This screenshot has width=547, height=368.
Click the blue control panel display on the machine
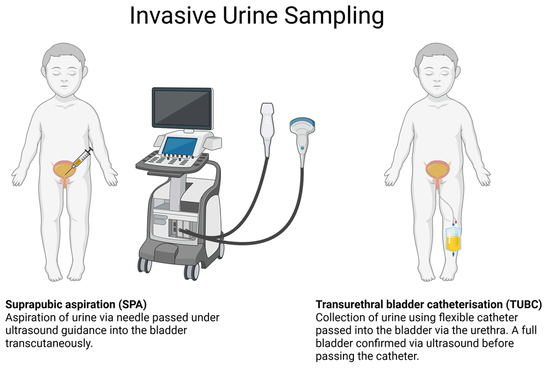pyautogui.click(x=179, y=146)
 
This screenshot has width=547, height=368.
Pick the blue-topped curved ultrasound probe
pyautogui.click(x=300, y=132)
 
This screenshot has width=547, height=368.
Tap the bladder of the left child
pyautogui.click(x=65, y=170)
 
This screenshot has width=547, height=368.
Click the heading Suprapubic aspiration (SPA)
pyautogui.click(x=76, y=305)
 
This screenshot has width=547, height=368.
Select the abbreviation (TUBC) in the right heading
pyautogui.click(x=523, y=305)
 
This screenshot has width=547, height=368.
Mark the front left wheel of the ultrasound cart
pyautogui.click(x=144, y=265)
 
